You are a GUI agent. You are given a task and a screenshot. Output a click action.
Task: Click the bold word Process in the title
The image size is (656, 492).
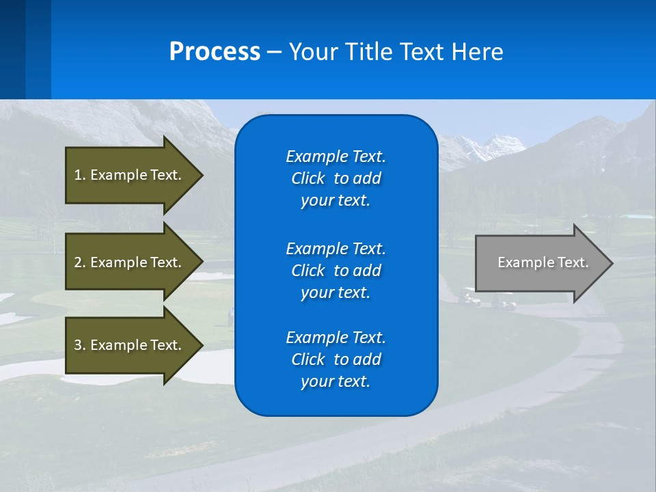pos(215,52)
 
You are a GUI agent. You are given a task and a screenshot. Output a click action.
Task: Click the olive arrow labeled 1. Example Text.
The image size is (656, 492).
pos(130,175)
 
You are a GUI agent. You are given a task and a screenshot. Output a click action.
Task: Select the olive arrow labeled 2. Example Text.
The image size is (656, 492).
pos(130,262)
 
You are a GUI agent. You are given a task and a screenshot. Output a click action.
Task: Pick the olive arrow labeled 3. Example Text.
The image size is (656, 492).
pos(130,345)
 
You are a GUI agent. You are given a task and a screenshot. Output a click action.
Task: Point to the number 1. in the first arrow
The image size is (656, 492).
pos(80,175)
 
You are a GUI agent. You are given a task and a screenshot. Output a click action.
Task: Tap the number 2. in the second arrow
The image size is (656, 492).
pos(80,262)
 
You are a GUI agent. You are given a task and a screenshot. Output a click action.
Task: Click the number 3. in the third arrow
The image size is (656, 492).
pos(80,345)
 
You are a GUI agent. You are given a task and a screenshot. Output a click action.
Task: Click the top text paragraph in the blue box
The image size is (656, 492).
pos(336,178)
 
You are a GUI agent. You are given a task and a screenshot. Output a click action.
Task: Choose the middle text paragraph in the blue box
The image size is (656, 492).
pos(336,270)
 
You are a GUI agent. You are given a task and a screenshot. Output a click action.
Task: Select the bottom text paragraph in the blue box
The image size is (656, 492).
pos(336,359)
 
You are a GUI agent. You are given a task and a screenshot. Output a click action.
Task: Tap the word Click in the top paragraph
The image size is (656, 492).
pos(307,178)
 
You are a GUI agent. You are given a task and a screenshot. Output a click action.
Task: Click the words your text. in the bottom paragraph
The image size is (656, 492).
pos(336,381)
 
